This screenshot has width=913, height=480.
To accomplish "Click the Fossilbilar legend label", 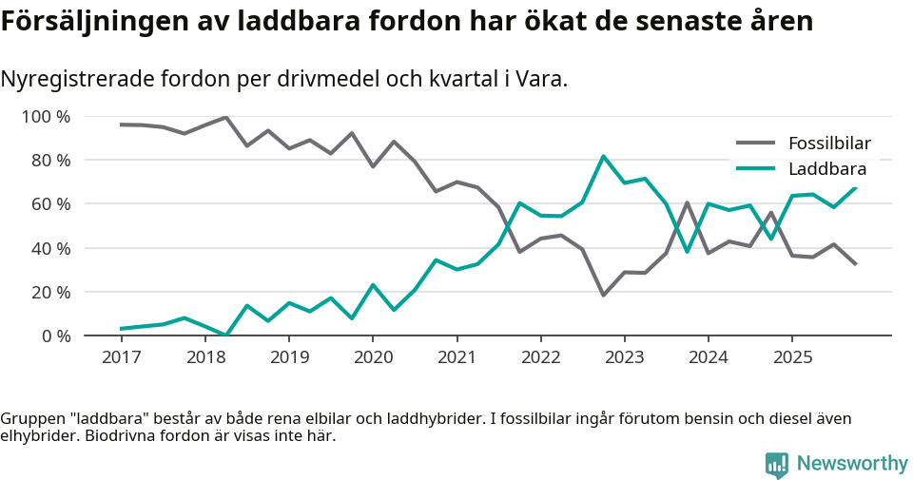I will pos(829,144).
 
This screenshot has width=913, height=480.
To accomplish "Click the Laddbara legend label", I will pos(826,169).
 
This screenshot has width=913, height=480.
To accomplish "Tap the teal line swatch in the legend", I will pos(757,169).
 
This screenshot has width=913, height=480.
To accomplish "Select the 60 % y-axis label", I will pos(50,204).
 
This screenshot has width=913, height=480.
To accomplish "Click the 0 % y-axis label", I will pos(55,336).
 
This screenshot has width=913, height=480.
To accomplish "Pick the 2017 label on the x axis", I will pos(121,357).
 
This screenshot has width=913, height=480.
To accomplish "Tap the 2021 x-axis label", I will pos(456,357).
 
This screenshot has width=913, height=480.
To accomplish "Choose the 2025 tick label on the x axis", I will pos(792,357).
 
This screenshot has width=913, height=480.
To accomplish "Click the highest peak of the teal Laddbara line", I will pos(603,157).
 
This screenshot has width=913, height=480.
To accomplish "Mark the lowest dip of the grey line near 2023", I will pos(603,295).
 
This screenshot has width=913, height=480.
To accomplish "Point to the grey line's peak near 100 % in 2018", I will pos(225,118).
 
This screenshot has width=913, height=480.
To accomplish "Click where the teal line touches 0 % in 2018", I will pos(225,335).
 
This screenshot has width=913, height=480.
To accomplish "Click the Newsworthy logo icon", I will pos(776,464).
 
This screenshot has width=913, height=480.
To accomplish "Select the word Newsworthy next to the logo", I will pos(851,464).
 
